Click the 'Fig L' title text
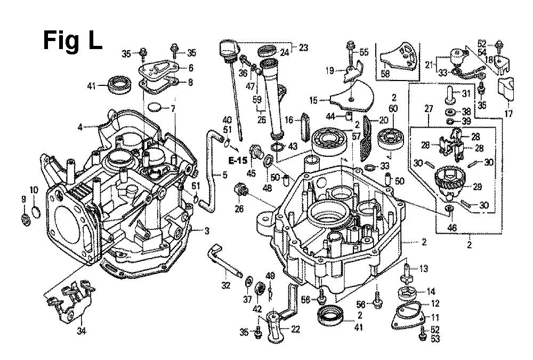tap(72, 40)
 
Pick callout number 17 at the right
tap(507, 113)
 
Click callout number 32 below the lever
tap(226, 285)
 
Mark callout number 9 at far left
tap(23, 199)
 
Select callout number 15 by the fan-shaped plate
tap(313, 100)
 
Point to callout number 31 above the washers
tap(466, 94)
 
